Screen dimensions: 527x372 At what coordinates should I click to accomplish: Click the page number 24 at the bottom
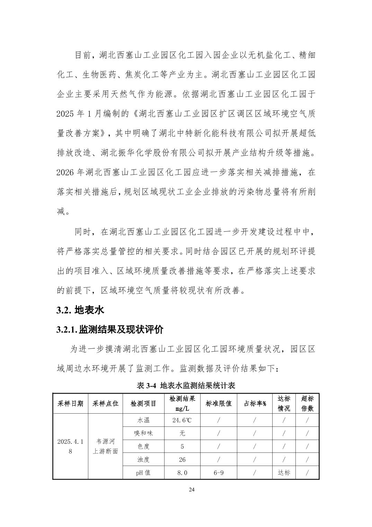[192, 490]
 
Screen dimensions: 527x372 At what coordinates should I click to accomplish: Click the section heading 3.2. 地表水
[80, 310]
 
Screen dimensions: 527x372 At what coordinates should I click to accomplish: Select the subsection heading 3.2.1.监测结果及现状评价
[109, 329]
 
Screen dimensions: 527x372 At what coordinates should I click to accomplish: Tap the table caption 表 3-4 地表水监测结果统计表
[186, 385]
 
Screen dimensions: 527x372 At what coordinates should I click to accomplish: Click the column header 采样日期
[70, 403]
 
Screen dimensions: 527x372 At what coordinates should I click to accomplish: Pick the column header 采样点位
[105, 403]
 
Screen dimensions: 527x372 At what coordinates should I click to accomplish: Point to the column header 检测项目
[143, 403]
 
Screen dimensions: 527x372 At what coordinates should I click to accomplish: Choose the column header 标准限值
[219, 403]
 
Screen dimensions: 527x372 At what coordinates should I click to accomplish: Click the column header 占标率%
[255, 403]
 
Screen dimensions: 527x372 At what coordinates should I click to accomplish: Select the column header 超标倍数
[307, 403]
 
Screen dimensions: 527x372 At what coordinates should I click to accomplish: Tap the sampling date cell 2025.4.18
[70, 446]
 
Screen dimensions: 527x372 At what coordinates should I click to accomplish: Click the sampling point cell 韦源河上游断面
[105, 446]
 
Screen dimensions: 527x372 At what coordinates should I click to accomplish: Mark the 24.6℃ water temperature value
[182, 420]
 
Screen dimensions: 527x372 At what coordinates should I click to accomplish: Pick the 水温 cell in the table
[143, 420]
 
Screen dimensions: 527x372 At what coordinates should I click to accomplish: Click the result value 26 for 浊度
[182, 459]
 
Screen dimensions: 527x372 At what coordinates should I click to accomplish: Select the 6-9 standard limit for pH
[219, 473]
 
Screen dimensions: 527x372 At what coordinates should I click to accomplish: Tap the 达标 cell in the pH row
[284, 473]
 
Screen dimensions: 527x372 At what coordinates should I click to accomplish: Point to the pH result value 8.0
[182, 473]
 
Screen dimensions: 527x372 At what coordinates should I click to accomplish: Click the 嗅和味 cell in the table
[143, 433]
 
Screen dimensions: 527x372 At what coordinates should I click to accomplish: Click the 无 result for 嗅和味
[182, 433]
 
